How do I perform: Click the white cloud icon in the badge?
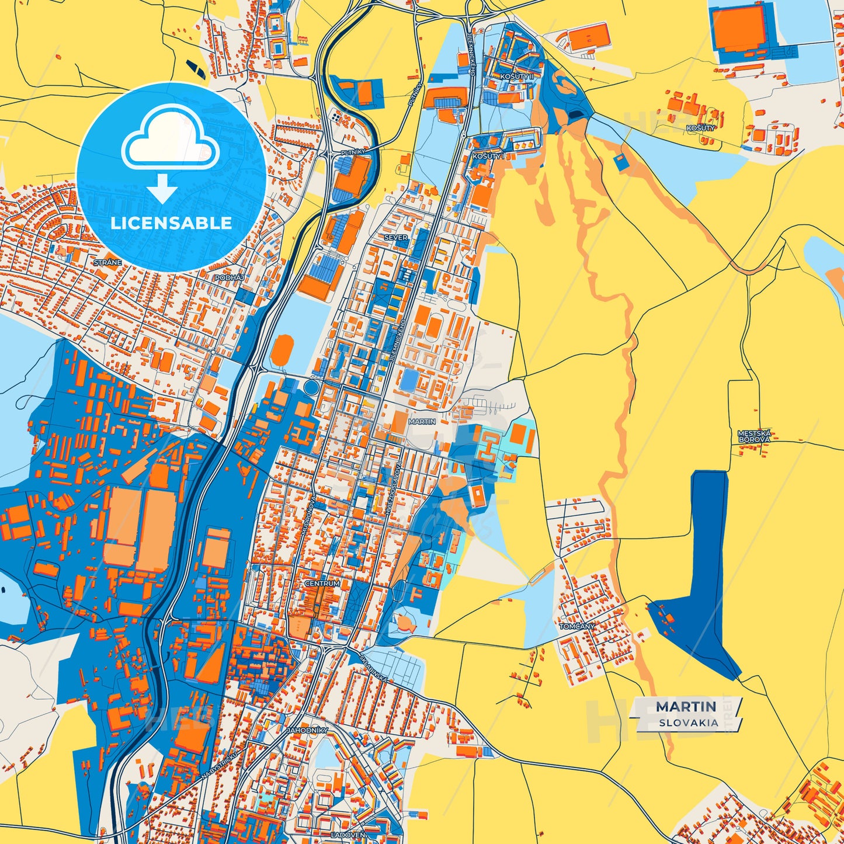click(170, 140)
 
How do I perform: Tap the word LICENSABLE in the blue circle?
click(171, 223)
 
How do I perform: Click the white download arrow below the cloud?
click(163, 189)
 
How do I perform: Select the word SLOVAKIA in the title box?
click(689, 723)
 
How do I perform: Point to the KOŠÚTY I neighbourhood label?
click(488, 157)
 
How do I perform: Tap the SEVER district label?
click(395, 238)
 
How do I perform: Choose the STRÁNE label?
click(107, 263)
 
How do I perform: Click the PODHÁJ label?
click(229, 279)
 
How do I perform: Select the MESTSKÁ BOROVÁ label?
click(754, 436)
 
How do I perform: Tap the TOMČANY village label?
click(577, 626)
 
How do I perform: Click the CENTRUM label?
click(322, 583)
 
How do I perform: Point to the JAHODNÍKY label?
click(307, 730)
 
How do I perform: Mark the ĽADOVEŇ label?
click(348, 835)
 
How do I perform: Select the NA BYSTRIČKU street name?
click(220, 765)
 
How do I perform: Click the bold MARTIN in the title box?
click(686, 707)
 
